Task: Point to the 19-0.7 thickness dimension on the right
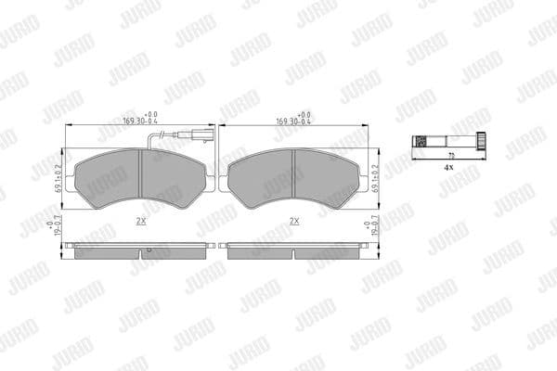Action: (x=377, y=228)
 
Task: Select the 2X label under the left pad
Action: (x=140, y=221)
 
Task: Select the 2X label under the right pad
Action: (x=294, y=221)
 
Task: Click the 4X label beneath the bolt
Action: (x=448, y=168)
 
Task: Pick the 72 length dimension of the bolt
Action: (x=451, y=155)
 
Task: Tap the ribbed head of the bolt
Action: (x=482, y=142)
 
